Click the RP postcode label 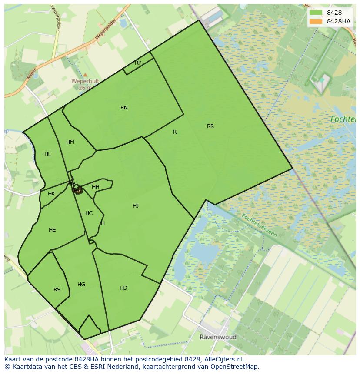point(138,63)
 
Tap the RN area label point(124,108)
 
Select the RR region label point(210,126)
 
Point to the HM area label point(70,142)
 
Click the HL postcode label point(48,154)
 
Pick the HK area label point(51,194)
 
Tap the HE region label point(52,230)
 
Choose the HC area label point(89,213)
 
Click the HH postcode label point(96,187)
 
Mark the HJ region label point(136,206)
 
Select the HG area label point(81,285)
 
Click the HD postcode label point(123,288)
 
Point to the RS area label point(57,290)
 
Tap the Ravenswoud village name point(218,337)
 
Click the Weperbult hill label point(86,81)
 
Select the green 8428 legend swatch point(316,13)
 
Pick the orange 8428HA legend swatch point(316,21)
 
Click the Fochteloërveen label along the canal point(259,225)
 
